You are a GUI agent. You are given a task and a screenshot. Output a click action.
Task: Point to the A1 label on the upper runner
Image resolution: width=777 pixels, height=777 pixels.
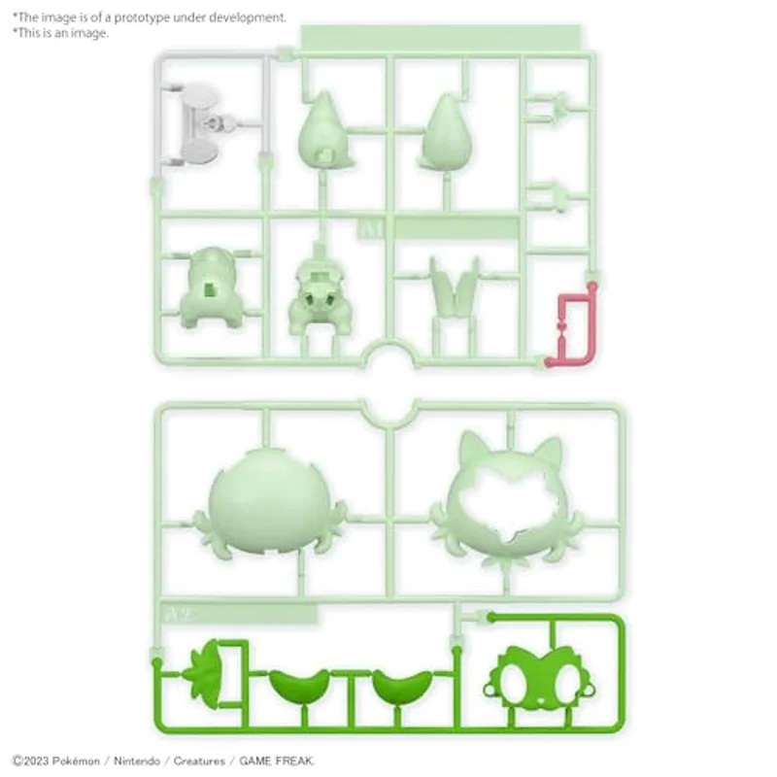(371, 229)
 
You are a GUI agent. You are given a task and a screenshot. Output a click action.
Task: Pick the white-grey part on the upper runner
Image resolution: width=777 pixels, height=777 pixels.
(198, 124)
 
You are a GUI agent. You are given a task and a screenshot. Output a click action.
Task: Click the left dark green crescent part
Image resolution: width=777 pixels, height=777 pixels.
(299, 685)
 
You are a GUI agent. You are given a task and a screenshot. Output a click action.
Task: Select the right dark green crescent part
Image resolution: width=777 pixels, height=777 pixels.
(402, 685)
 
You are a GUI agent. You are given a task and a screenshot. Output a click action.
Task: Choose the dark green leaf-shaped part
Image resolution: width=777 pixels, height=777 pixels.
(204, 673)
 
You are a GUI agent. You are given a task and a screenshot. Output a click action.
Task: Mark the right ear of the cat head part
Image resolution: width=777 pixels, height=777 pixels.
(548, 452)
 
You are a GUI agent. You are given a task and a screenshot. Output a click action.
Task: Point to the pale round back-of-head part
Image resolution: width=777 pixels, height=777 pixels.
(269, 502)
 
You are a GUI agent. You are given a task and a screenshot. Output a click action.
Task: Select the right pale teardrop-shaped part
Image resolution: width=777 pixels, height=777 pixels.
(446, 132)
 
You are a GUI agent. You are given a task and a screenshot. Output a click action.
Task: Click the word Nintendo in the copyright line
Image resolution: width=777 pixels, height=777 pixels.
(137, 760)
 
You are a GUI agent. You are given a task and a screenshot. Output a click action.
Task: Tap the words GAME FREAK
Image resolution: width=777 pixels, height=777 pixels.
(276, 760)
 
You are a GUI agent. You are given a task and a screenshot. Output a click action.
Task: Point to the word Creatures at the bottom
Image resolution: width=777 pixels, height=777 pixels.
(199, 760)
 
